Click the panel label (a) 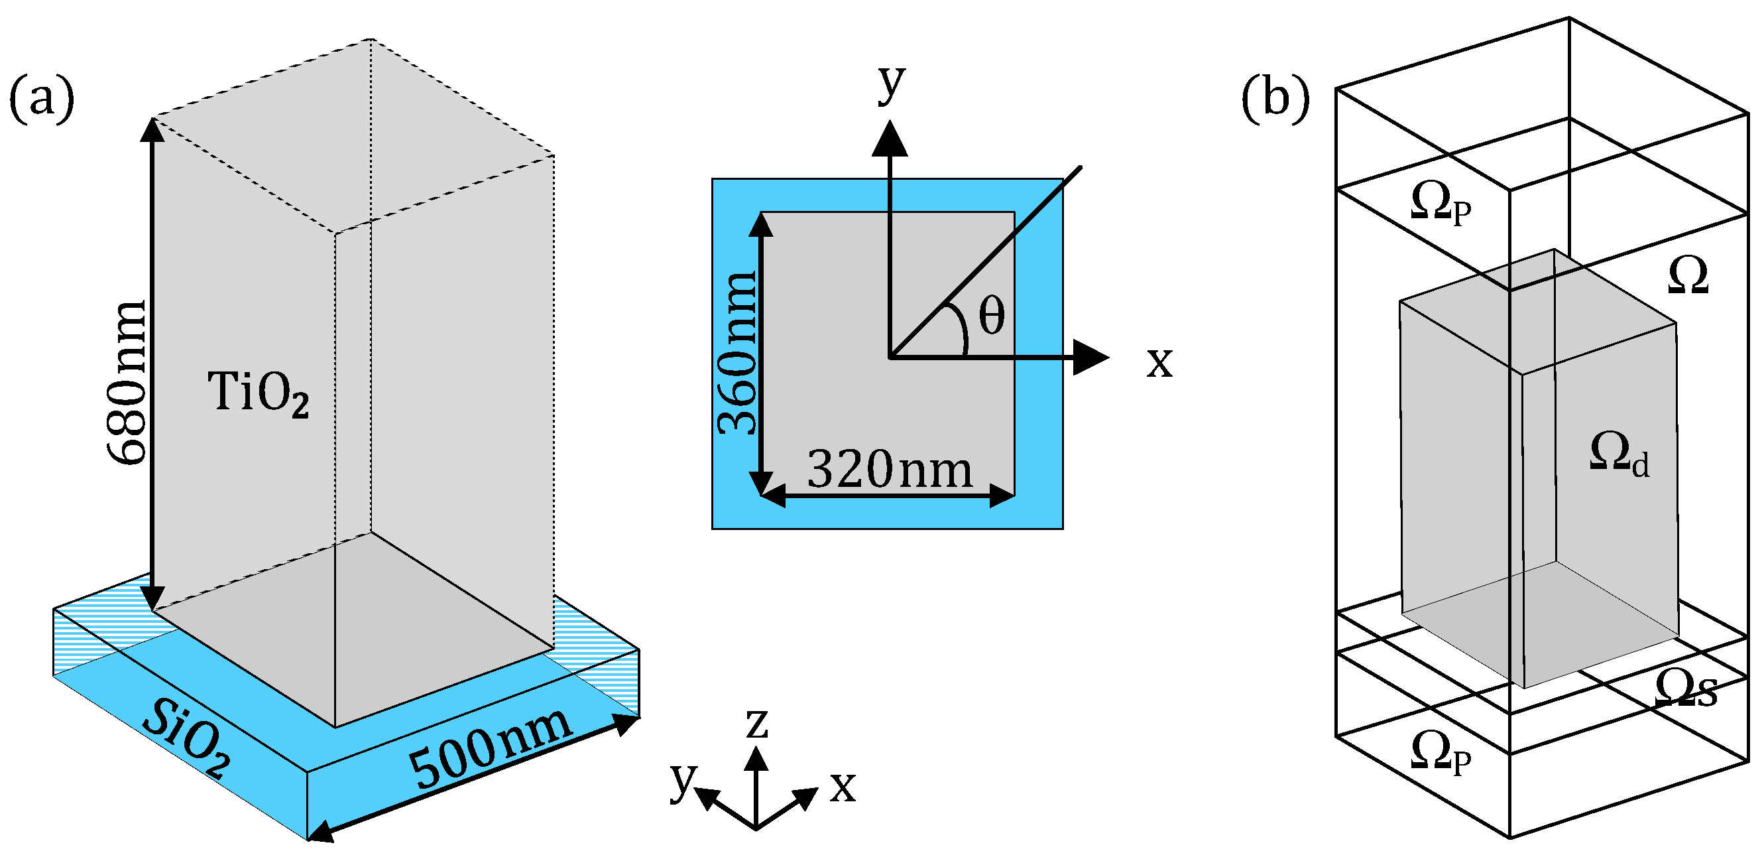tap(41, 101)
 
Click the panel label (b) tap(1275, 99)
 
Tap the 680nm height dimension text tap(129, 382)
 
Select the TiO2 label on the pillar tap(258, 393)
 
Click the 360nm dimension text tap(738, 354)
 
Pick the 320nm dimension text tap(890, 470)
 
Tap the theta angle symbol tap(991, 316)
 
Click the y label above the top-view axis tap(892, 82)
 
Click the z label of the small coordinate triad tap(756, 723)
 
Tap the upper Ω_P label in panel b tap(1440, 204)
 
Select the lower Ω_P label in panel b tap(1440, 753)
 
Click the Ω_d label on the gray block tap(1619, 454)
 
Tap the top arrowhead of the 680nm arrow tap(152, 131)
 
